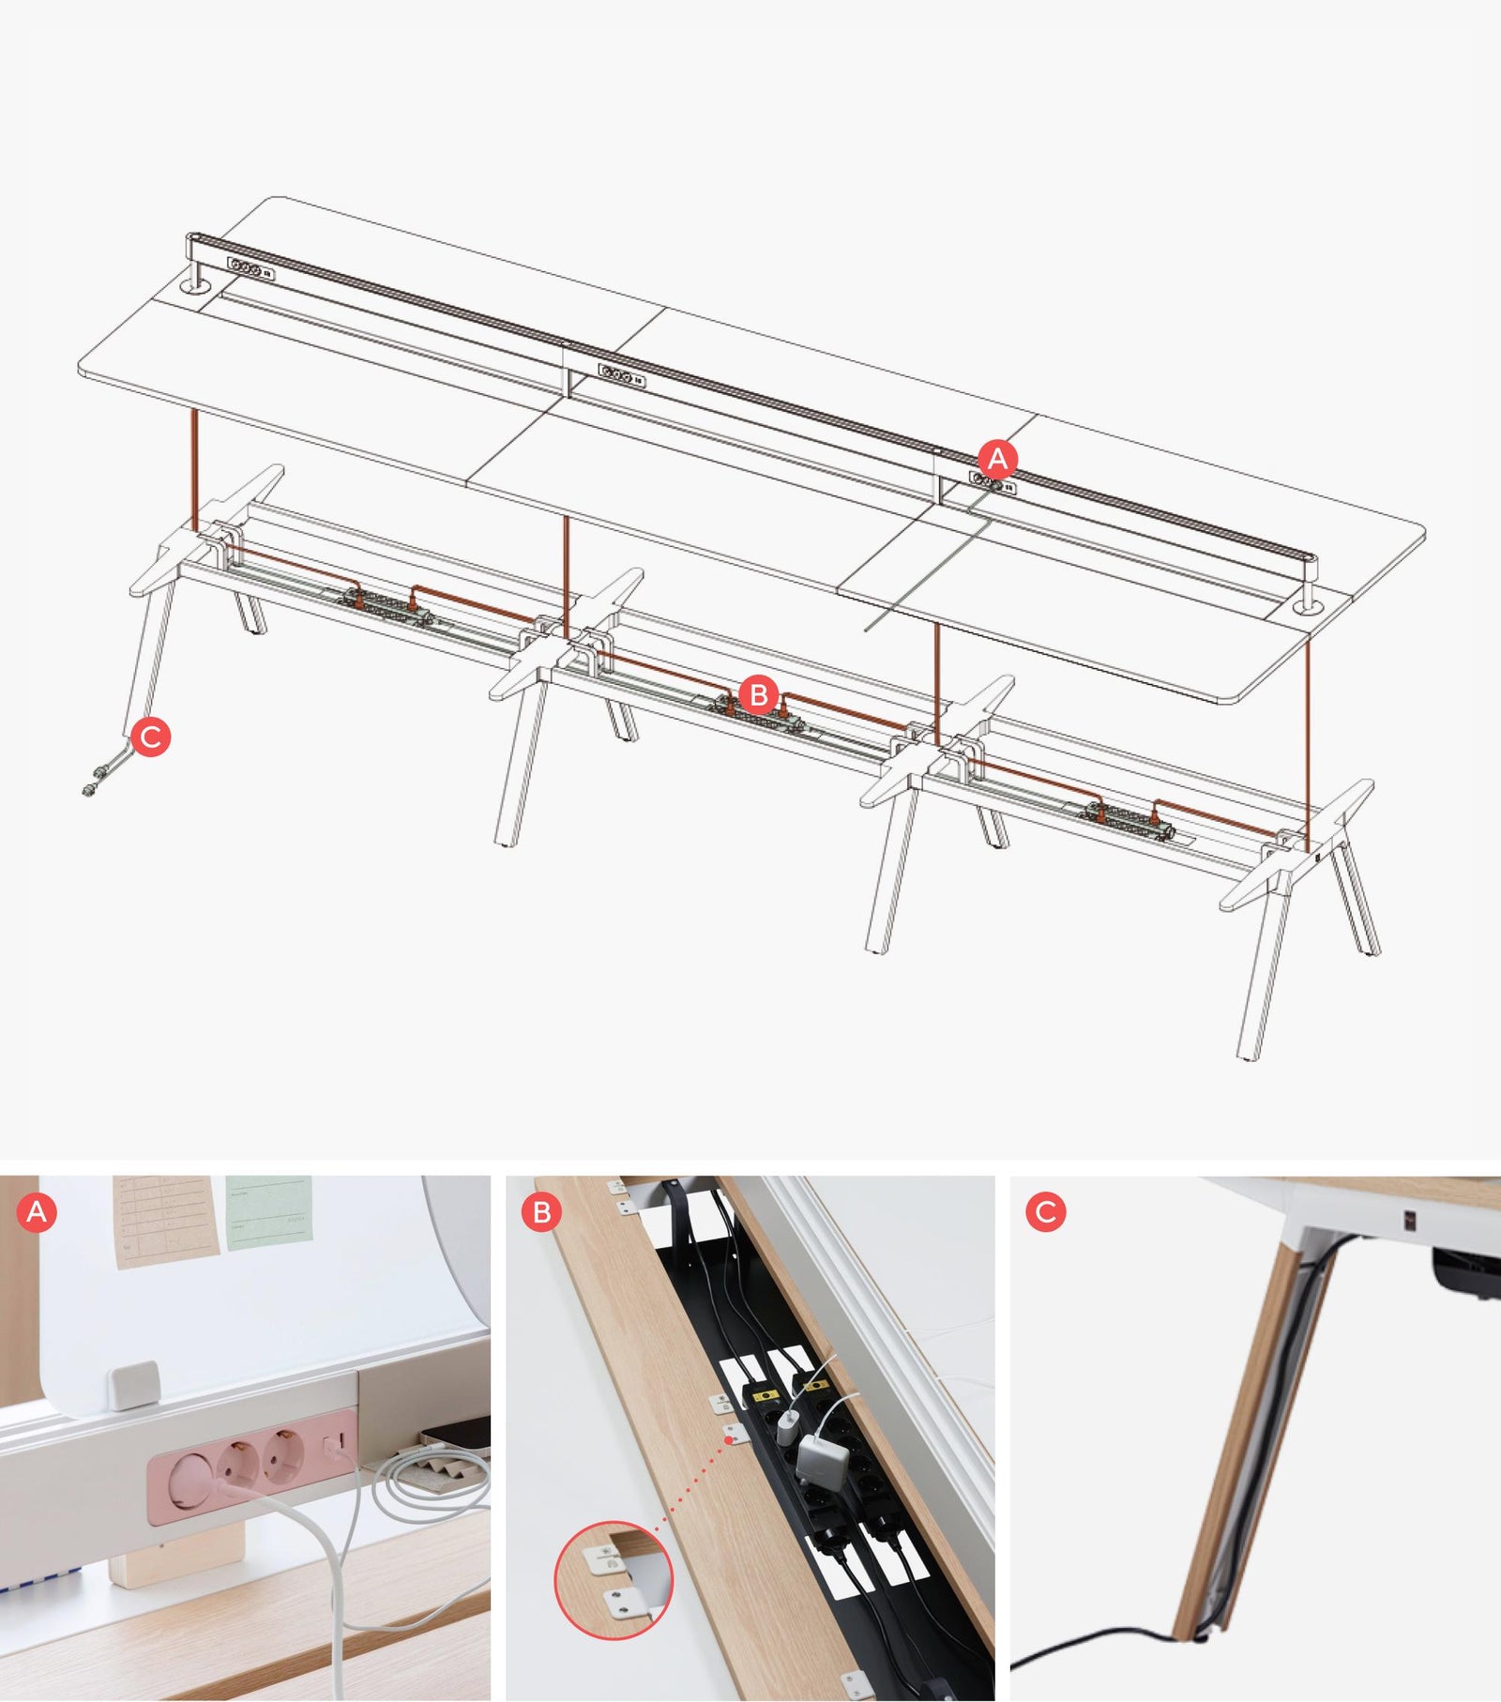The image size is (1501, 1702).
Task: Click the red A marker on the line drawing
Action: tap(997, 458)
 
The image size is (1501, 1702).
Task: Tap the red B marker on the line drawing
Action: tap(759, 695)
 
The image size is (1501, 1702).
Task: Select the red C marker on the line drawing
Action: tap(151, 737)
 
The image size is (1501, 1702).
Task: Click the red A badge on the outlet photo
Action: tap(37, 1212)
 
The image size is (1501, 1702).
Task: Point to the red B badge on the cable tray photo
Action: tap(541, 1212)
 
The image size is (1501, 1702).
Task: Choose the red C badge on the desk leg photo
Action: tap(1045, 1211)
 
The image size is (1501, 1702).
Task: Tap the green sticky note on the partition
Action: tap(268, 1212)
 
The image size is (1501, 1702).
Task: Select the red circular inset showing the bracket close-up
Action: tap(614, 1580)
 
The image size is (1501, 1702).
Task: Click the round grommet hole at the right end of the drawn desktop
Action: tap(1307, 609)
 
